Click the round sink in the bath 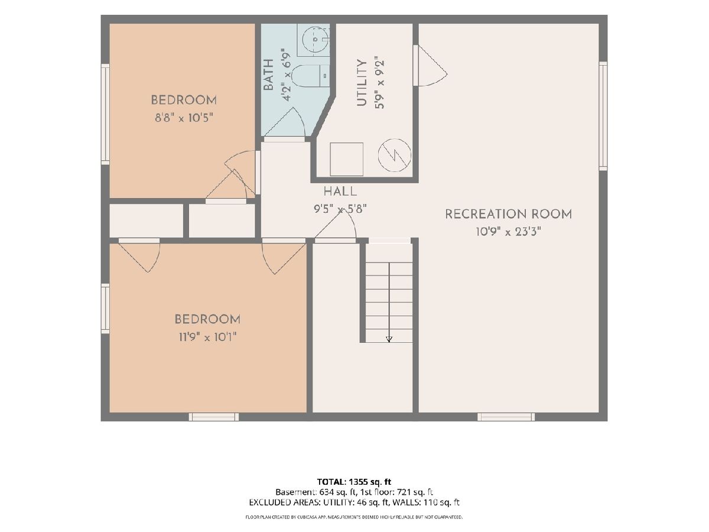315,40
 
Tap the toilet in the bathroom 310,76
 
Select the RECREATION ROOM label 509,214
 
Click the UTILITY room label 362,83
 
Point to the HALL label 340,192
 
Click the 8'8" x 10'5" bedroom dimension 184,118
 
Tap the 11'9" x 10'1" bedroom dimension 208,338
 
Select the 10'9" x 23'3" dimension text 509,232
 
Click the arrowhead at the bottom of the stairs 389,339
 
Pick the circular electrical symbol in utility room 395,155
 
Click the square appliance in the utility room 347,159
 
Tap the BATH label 268,74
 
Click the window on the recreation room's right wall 603,116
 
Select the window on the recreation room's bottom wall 506,417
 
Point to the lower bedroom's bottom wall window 214,417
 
